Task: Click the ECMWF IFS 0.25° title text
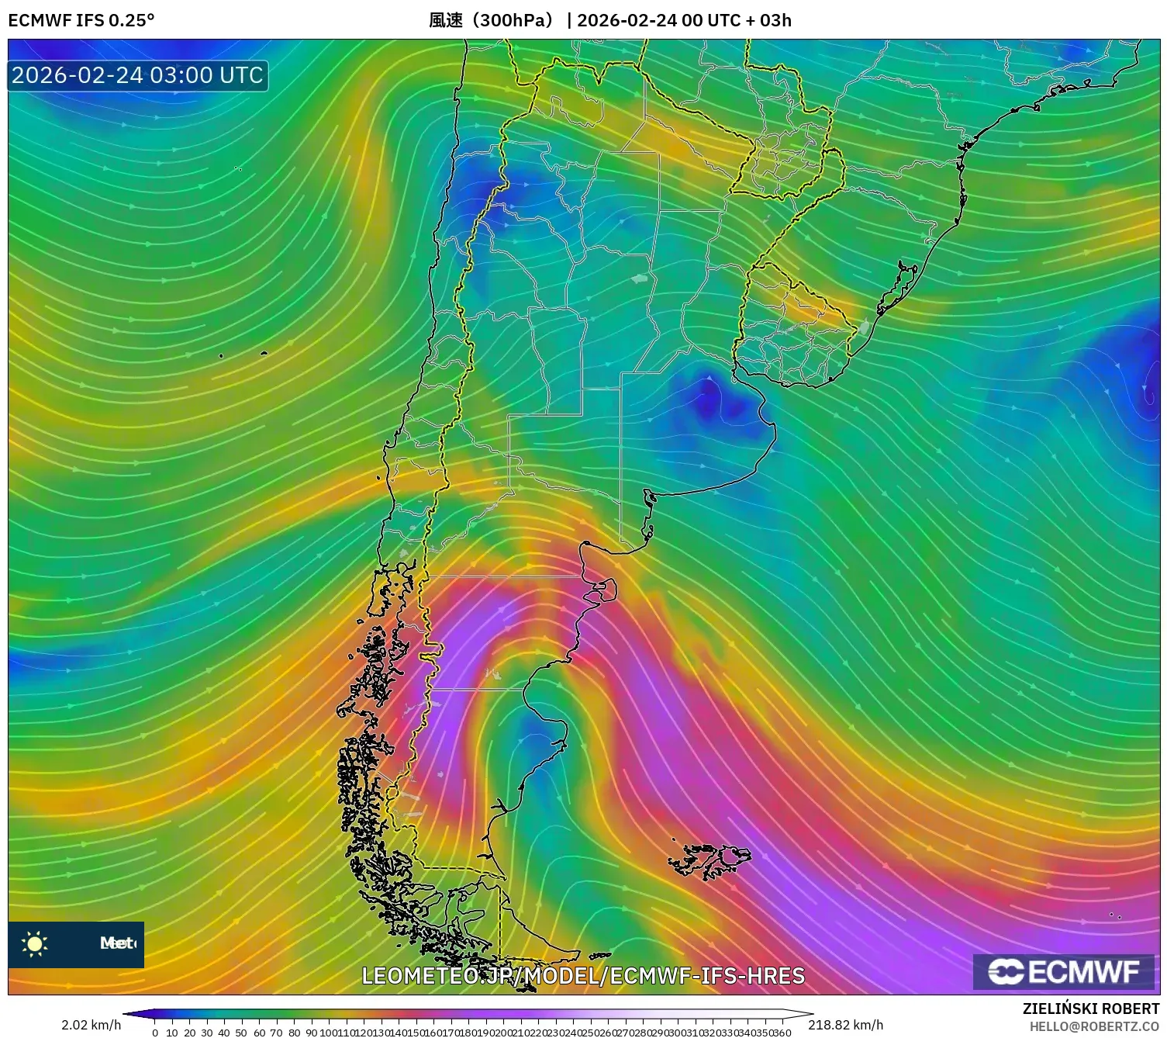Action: pyautogui.click(x=81, y=20)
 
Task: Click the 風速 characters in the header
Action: pyautogui.click(x=446, y=20)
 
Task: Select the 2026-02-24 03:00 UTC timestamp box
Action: pyautogui.click(x=138, y=75)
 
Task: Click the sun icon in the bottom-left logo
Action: pyautogui.click(x=35, y=943)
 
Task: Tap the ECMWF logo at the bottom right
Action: pyautogui.click(x=1065, y=971)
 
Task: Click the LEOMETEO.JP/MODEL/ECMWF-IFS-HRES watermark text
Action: pyautogui.click(x=583, y=976)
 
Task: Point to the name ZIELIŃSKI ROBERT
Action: pyautogui.click(x=1090, y=1009)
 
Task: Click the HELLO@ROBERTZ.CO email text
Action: pyautogui.click(x=1093, y=1026)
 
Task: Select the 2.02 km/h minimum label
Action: pyautogui.click(x=91, y=1025)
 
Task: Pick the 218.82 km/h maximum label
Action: pyautogui.click(x=845, y=1025)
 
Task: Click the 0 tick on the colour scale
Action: pyautogui.click(x=155, y=1033)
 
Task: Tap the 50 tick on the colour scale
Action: pyautogui.click(x=241, y=1033)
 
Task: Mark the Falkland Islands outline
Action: pyautogui.click(x=710, y=860)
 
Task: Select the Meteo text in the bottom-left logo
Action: pyautogui.click(x=117, y=943)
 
